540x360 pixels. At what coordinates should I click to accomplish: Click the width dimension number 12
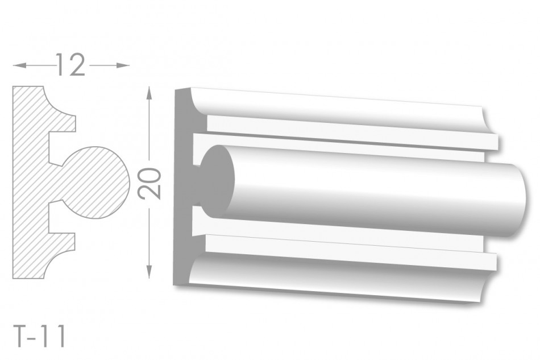(70, 65)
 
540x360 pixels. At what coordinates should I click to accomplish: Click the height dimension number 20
(149, 183)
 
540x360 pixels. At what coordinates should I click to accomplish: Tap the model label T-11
(40, 337)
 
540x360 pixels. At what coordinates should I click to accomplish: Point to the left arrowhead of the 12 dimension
(19, 65)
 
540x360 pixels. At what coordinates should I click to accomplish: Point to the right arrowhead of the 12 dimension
(123, 65)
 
